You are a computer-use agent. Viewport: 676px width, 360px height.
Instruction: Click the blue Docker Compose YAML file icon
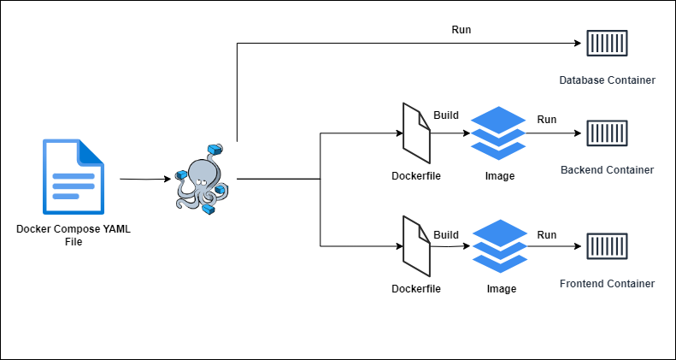point(73,177)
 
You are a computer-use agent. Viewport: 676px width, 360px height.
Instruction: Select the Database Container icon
point(607,41)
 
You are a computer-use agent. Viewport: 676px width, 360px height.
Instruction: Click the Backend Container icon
point(607,133)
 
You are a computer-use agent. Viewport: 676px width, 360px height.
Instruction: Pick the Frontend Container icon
point(607,247)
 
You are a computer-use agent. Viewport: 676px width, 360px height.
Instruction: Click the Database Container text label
point(607,80)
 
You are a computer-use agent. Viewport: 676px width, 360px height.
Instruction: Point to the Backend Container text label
point(607,170)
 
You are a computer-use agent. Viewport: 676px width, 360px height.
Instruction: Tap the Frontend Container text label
point(607,284)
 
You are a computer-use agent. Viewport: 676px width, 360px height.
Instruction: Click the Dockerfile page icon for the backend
point(416,133)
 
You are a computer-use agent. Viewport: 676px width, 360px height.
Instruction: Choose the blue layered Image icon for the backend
point(498,133)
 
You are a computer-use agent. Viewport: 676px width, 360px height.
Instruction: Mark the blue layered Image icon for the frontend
point(498,246)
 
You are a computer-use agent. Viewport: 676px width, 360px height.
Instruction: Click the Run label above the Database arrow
point(461,30)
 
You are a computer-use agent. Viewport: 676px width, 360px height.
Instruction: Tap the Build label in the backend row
point(446,115)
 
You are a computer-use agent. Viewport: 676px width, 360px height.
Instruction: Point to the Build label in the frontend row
point(446,234)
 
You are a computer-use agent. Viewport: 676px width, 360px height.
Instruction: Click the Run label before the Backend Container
point(547,119)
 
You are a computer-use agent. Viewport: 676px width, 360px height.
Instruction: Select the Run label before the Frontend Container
point(547,234)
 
